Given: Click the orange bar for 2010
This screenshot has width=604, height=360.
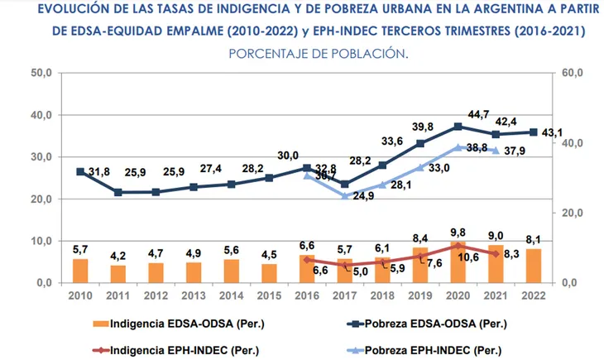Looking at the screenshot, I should click(80, 271).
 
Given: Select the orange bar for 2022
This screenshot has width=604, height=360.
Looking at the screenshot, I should click(534, 266).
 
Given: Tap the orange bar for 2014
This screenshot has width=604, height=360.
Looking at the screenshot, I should click(231, 271).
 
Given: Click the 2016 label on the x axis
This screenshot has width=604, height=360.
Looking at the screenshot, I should click(307, 295).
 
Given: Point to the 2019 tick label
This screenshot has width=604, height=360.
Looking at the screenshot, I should click(420, 295).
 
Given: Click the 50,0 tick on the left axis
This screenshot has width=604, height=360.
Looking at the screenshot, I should click(41, 74).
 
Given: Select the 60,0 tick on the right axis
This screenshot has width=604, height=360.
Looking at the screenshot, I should click(573, 74).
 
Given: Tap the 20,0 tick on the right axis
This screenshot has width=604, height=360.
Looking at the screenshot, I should click(573, 213).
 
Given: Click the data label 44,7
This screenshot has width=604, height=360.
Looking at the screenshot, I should click(479, 114).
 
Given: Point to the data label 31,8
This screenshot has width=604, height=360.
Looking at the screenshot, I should click(98, 172).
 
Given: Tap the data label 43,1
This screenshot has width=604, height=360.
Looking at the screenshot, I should click(553, 132).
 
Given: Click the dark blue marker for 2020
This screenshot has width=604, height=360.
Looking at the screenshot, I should click(458, 127).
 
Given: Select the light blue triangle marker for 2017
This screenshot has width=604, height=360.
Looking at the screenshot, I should click(345, 195).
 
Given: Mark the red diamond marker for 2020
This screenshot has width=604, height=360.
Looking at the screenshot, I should click(458, 246).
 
